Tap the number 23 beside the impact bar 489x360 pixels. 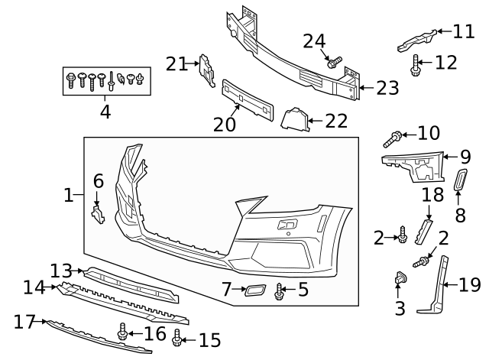pyautogui.click(x=387, y=88)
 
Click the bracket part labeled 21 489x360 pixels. pyautogui.click(x=206, y=68)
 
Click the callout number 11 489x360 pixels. pyautogui.click(x=463, y=31)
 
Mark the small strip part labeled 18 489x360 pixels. pyautogui.click(x=424, y=230)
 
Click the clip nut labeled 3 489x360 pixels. pyautogui.click(x=400, y=281)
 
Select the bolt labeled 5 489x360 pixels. pyautogui.click(x=280, y=290)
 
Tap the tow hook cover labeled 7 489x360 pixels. pyautogui.click(x=254, y=290)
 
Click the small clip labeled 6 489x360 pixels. pyautogui.click(x=98, y=215)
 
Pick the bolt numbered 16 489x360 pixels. pyautogui.click(x=122, y=332)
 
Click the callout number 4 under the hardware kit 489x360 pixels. pyautogui.click(x=105, y=112)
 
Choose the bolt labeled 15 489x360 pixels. pyautogui.click(x=178, y=337)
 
